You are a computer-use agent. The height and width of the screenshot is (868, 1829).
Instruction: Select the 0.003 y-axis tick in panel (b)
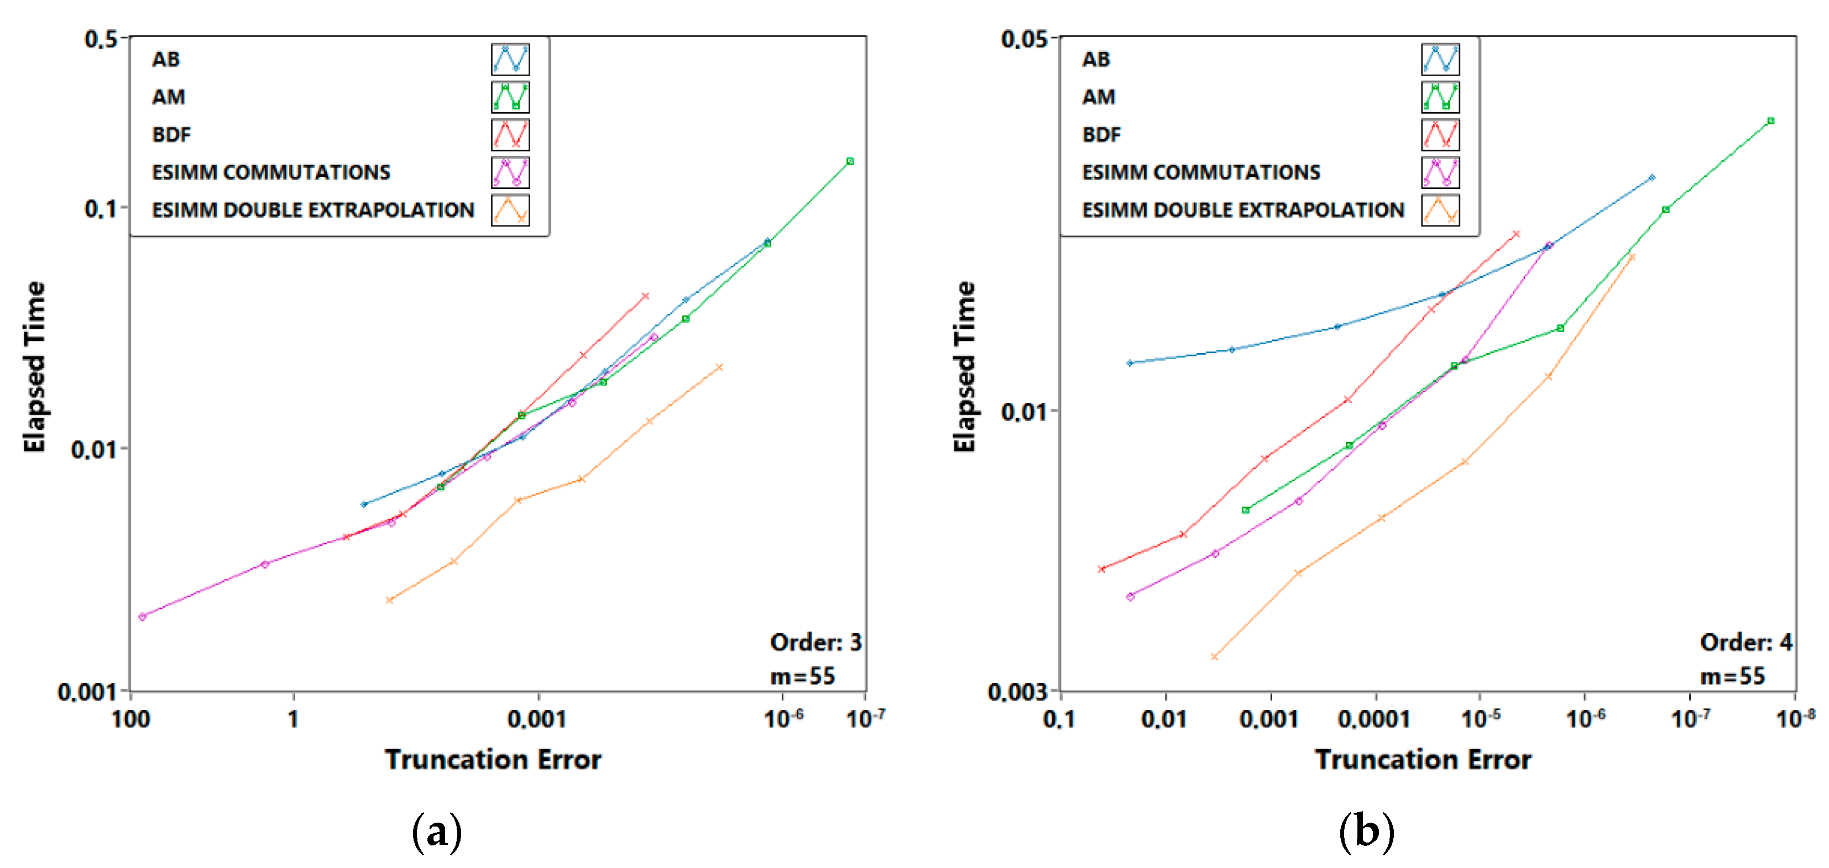tap(1017, 691)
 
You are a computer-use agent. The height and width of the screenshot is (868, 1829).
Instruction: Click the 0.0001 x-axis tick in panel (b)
tap(1374, 719)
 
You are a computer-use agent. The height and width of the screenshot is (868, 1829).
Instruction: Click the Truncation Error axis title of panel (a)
tap(493, 759)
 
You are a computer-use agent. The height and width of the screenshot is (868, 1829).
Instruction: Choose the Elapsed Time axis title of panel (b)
tap(964, 366)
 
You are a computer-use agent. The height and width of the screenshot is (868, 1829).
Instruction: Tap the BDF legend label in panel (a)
tap(171, 135)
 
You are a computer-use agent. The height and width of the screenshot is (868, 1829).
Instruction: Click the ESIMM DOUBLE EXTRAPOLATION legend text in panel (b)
tap(1242, 210)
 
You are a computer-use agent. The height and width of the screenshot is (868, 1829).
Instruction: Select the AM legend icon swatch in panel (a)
tap(510, 97)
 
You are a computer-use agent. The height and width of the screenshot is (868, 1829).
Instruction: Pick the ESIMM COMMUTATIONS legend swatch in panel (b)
tap(1440, 172)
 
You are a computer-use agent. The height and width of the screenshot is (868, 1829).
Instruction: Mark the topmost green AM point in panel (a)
tap(850, 162)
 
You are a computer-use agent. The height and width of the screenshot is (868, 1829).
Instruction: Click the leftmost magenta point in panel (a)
tap(142, 616)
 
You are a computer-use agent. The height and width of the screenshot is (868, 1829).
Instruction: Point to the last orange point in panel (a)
tap(719, 367)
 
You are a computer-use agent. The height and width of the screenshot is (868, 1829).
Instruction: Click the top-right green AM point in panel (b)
tap(1770, 120)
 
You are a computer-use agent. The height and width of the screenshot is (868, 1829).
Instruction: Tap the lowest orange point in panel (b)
tap(1214, 656)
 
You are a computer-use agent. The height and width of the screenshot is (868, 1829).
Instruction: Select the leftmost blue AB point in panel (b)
tap(1130, 362)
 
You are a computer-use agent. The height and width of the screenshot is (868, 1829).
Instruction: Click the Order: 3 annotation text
tap(815, 643)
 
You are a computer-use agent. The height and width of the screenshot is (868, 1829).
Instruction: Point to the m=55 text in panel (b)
tap(1732, 676)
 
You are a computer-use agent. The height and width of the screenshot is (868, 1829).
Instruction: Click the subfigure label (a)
tap(437, 832)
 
